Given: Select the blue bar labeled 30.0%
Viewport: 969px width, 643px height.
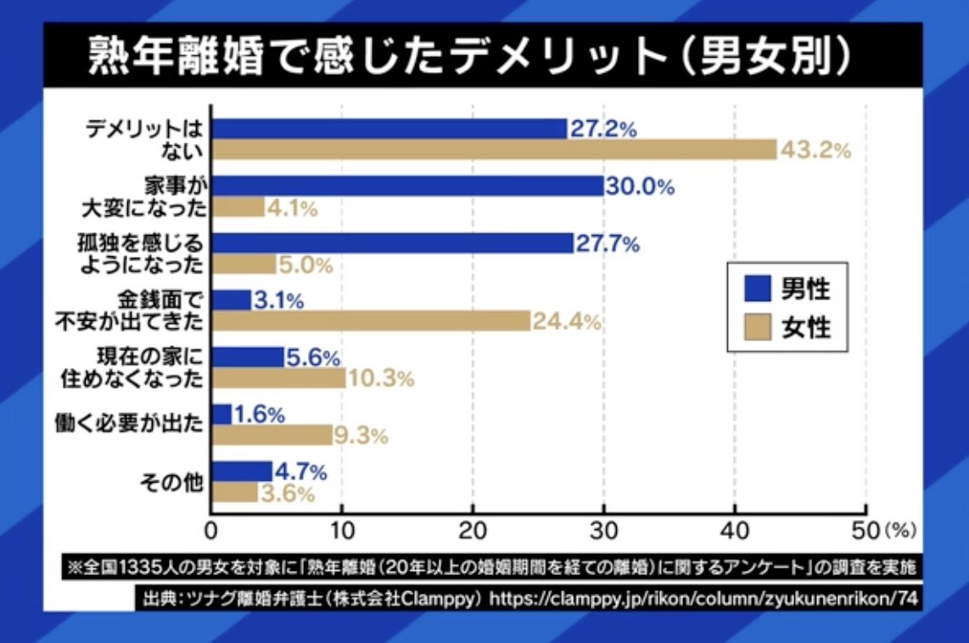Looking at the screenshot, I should click(407, 187).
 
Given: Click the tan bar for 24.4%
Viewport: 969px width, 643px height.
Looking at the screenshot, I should click(371, 321).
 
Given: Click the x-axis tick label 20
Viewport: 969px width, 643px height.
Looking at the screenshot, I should click(473, 531).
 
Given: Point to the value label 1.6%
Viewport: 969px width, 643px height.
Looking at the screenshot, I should click(259, 415).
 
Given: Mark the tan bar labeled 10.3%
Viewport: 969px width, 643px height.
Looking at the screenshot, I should click(278, 378).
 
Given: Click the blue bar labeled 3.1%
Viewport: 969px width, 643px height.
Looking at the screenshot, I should click(231, 299).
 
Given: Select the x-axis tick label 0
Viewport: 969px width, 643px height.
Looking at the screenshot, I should click(211, 531).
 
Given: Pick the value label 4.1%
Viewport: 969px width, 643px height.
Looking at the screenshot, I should click(292, 209).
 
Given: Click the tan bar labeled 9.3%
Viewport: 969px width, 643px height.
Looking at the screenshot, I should click(272, 436).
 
